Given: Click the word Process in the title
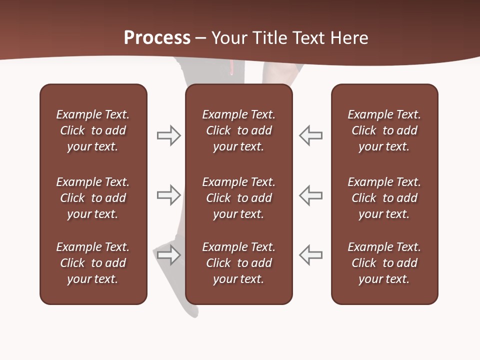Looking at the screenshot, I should (157, 38).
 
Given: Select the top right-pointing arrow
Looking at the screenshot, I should (168, 135).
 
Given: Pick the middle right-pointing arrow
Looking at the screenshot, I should (168, 195).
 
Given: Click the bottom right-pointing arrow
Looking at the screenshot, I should (168, 255).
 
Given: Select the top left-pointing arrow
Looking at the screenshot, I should (311, 135).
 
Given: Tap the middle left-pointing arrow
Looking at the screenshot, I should (311, 195).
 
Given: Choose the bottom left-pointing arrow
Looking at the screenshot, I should (311, 255).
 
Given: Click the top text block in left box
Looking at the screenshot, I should (93, 130).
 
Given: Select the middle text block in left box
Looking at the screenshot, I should (93, 198).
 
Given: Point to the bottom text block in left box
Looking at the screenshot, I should (93, 263).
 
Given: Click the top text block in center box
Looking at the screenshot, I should (239, 130).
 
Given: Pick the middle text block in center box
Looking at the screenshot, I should (239, 198).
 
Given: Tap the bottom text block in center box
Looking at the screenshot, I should (239, 263).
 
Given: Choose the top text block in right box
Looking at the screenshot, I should (384, 130).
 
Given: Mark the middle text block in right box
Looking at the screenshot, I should (384, 198).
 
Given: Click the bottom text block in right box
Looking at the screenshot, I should (384, 263).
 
